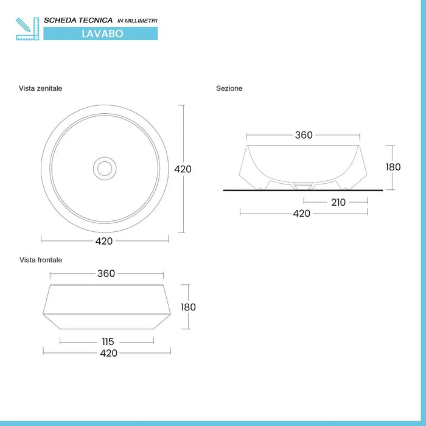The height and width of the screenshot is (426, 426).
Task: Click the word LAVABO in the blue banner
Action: pos(102,34)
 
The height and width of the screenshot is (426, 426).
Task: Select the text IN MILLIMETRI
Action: pos(137,21)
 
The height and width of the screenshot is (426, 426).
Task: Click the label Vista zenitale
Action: pos(40,88)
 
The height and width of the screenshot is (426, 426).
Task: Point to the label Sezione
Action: pos(229,88)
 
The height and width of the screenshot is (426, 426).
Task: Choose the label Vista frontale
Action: pos(41,260)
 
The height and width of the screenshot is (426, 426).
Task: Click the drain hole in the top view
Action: pos(105,167)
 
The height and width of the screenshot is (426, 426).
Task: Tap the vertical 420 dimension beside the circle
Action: pos(183,169)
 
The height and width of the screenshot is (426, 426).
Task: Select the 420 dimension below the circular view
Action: pos(104,241)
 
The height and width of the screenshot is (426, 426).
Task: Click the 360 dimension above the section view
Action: pos(304,135)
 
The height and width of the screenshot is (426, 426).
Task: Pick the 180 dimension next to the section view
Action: pos(393,167)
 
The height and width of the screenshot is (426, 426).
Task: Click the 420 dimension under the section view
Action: pos(302,213)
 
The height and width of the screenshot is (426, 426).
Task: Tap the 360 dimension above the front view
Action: pos(106,274)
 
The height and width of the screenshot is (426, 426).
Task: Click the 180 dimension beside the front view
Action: pos(188,307)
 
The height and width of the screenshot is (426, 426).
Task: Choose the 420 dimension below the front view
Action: pos(108,353)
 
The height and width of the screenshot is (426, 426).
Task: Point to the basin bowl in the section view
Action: pos(304,162)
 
